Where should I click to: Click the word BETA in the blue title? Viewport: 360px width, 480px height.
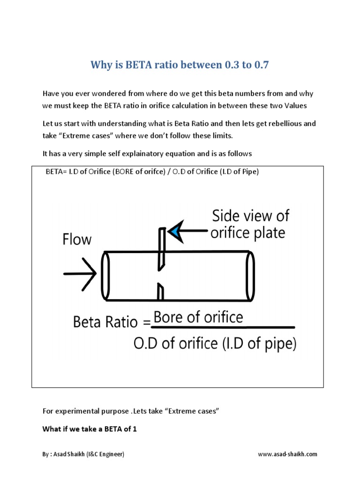click(137, 65)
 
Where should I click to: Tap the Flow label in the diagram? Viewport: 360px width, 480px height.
click(77, 240)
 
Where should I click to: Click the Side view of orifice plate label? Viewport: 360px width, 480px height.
click(249, 224)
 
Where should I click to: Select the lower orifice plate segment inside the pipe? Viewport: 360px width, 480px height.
click(160, 291)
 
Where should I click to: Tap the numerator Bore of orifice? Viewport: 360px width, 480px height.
click(198, 317)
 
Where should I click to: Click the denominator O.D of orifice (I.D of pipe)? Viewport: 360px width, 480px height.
click(215, 344)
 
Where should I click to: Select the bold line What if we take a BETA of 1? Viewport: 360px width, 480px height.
click(90, 428)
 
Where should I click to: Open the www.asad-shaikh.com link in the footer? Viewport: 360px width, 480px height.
click(287, 454)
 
